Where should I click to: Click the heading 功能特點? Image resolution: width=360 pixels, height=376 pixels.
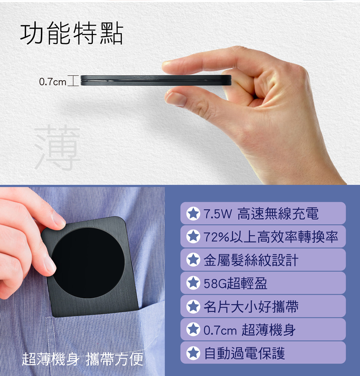72,33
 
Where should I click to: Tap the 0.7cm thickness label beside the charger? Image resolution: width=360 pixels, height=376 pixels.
53,82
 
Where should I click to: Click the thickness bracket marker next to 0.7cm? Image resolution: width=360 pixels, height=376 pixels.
73,81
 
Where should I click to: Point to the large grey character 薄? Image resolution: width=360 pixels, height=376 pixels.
57,147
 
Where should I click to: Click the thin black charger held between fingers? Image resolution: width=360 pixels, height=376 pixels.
156,80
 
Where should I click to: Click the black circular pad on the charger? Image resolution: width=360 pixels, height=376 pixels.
88,263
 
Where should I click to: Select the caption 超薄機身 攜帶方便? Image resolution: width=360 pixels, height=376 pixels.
83,359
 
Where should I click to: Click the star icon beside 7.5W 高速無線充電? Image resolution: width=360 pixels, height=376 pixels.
193,213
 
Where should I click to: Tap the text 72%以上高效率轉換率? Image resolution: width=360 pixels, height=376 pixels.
271,237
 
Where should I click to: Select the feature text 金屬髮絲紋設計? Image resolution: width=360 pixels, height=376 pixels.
251,260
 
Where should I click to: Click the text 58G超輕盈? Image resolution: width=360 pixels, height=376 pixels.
235,283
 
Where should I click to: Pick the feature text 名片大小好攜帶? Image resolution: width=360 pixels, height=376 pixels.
251,306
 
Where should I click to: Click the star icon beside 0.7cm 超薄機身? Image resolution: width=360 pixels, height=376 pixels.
193,330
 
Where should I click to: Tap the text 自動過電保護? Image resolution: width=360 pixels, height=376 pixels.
244,353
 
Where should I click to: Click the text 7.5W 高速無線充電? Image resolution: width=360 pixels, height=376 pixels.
261,213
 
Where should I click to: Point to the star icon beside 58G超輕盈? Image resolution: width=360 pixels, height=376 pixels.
193,283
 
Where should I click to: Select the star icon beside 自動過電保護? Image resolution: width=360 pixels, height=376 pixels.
193,353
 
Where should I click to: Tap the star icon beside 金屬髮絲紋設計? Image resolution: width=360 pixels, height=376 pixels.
193,260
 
